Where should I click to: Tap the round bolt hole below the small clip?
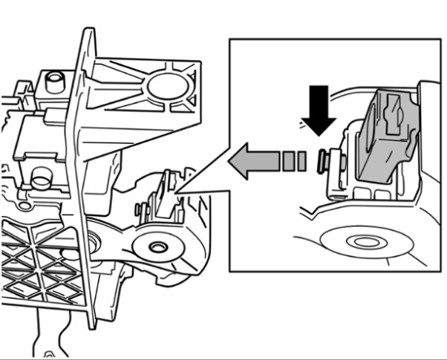coord(157,246)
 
